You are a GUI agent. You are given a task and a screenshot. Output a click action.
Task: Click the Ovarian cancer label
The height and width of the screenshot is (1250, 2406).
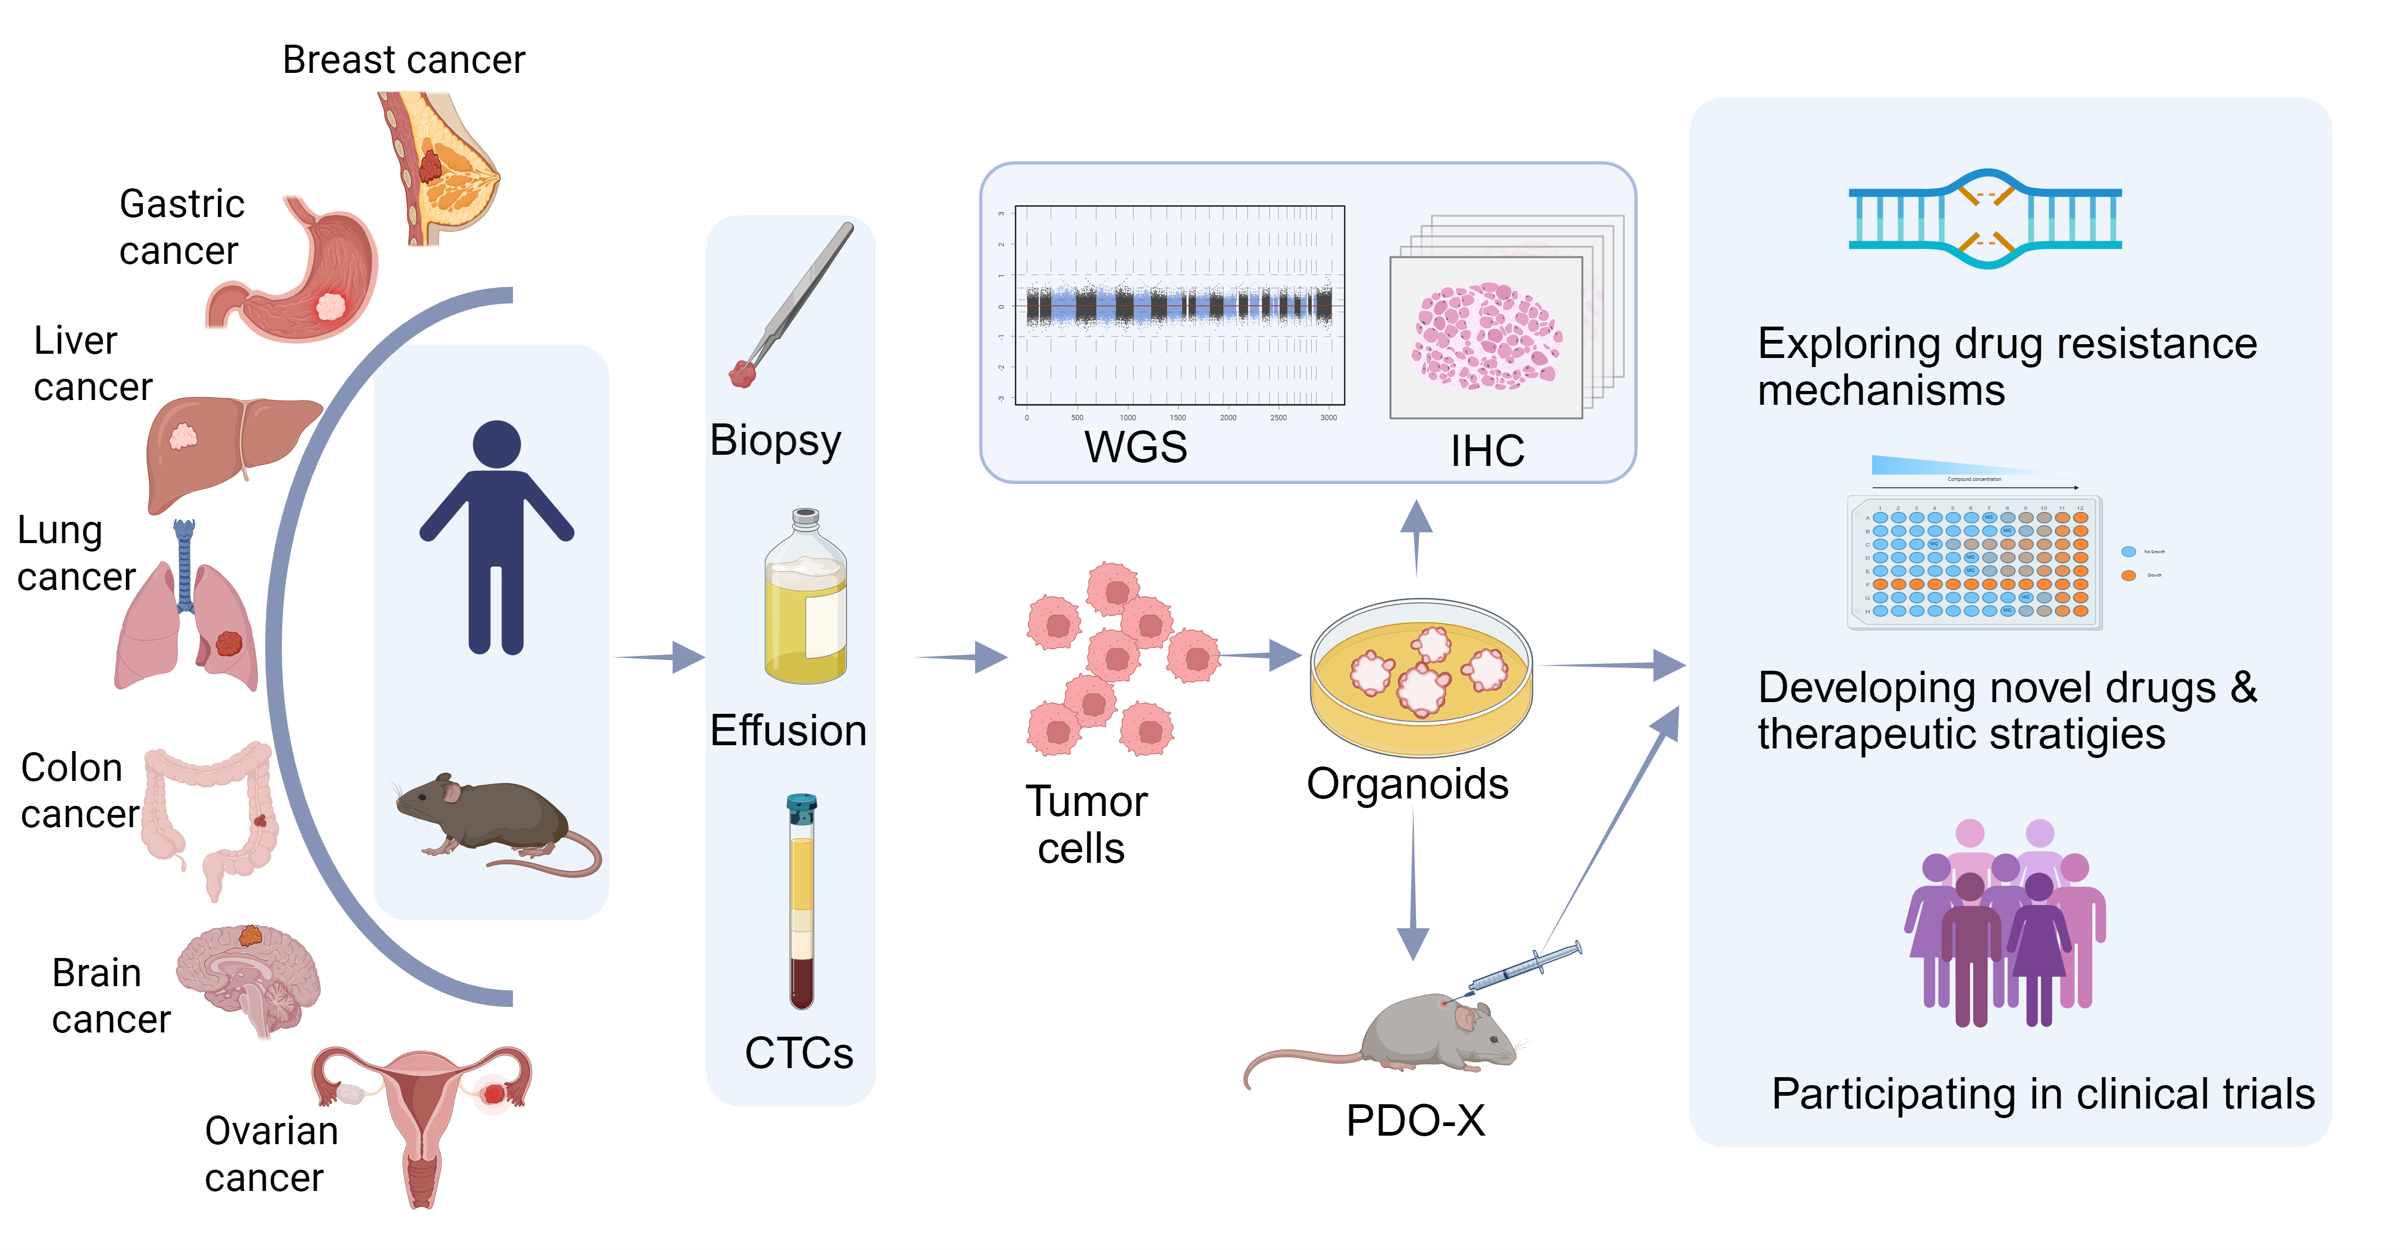pos(270,1154)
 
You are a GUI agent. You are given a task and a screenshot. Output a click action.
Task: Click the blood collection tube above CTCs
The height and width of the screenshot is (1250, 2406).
pos(801,902)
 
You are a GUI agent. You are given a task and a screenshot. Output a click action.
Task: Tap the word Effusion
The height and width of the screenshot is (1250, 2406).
pos(787,730)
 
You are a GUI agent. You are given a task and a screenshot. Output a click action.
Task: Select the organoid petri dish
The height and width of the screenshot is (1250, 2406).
pos(1420,677)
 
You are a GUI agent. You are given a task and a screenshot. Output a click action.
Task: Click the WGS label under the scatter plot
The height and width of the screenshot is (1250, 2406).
pos(1135,447)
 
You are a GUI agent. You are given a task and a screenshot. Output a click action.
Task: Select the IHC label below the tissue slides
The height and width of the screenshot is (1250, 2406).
pos(1487,451)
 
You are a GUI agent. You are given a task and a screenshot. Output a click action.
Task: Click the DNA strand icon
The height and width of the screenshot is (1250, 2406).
pos(1985,220)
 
